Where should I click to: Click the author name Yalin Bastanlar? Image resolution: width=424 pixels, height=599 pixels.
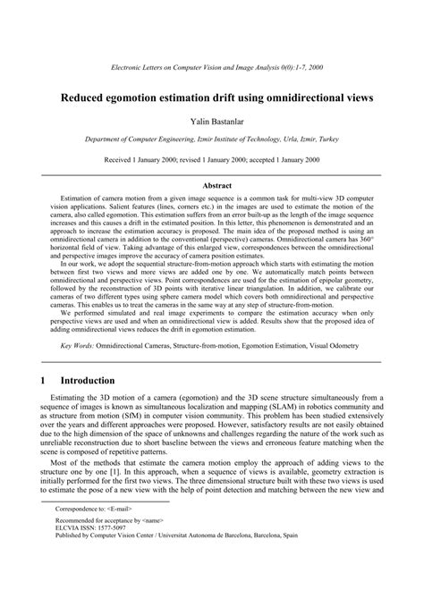[212, 120]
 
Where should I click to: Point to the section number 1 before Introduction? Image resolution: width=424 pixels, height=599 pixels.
[44, 380]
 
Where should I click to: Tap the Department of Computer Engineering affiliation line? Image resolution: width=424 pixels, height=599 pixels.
[212, 140]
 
